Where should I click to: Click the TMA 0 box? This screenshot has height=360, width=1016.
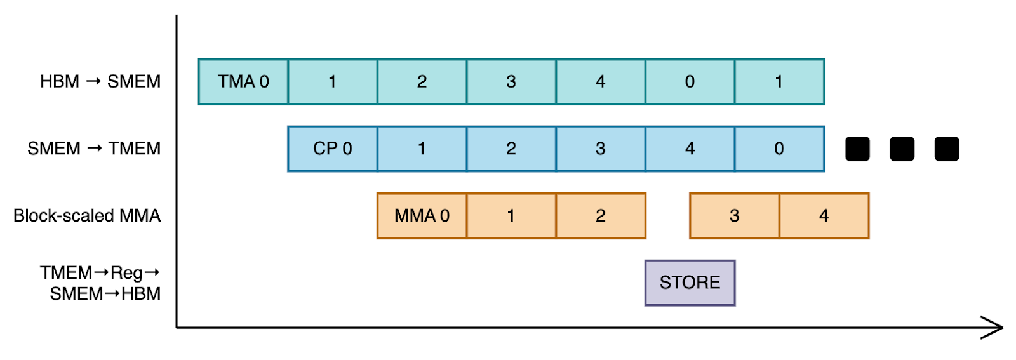tap(243, 82)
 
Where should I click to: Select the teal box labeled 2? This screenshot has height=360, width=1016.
tap(422, 82)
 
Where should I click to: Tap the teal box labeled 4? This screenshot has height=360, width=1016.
tap(600, 82)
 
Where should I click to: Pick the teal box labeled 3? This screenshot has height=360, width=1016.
tap(511, 82)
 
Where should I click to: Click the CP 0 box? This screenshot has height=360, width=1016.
tap(332, 149)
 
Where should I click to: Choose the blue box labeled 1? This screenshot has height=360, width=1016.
tap(422, 149)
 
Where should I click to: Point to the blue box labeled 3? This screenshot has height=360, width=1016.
tap(600, 149)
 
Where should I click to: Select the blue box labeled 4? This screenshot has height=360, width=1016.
tap(690, 149)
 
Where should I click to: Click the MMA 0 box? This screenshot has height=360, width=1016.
tap(422, 216)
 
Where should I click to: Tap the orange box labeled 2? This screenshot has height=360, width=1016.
tap(600, 216)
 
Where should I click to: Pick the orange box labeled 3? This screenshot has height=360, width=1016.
tap(734, 216)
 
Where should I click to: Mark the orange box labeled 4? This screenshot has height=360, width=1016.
tap(824, 216)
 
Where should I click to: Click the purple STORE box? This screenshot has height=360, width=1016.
tap(690, 283)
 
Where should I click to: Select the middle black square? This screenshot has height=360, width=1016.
tap(902, 149)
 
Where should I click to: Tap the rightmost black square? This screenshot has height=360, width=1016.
tap(946, 149)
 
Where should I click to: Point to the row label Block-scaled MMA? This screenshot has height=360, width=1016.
tap(87, 216)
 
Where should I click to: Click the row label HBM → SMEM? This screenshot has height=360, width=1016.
tap(100, 82)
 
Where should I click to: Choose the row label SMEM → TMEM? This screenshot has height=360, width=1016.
tap(94, 149)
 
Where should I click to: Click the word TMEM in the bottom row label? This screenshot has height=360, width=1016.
tap(65, 273)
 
